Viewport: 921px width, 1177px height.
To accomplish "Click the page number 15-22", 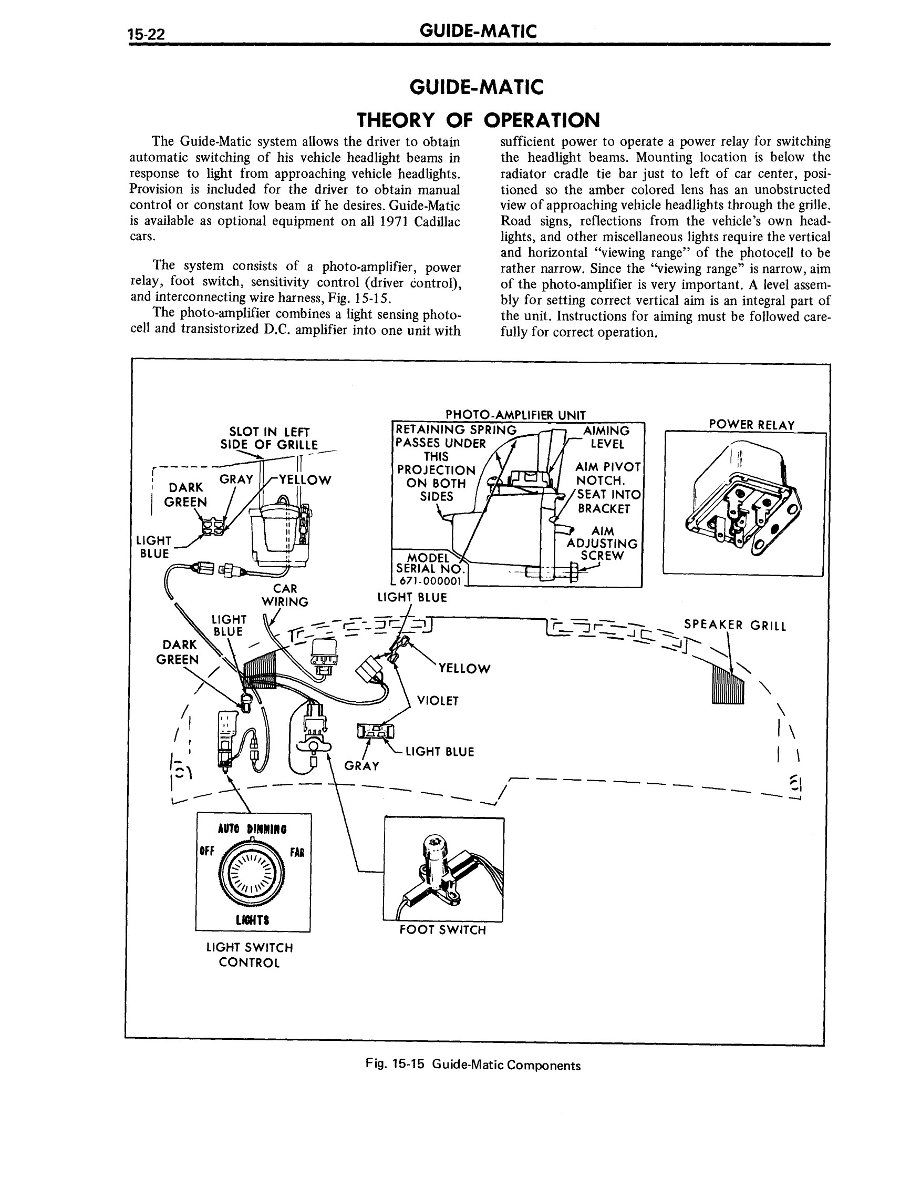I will (146, 34).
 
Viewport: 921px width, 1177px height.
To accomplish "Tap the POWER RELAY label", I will (752, 425).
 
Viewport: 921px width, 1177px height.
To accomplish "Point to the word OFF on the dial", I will (207, 851).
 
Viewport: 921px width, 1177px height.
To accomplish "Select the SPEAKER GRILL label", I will (735, 625).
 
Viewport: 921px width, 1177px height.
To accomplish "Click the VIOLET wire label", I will (437, 701).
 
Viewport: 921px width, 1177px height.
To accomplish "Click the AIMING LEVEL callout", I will (607, 437).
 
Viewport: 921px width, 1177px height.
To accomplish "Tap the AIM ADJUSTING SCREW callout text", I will (602, 543).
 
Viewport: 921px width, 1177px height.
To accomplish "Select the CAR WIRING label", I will (285, 595).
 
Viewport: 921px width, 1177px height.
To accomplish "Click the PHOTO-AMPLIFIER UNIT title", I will (515, 415).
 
